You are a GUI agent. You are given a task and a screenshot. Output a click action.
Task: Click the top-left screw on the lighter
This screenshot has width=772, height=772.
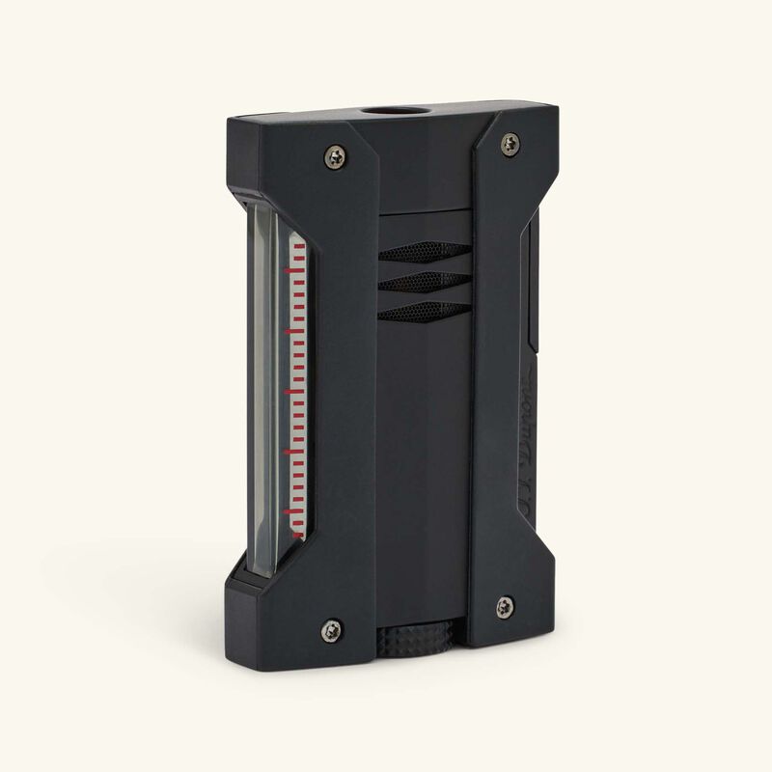coord(335,154)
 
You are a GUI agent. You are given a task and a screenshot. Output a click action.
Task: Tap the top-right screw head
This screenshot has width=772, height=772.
coord(510,144)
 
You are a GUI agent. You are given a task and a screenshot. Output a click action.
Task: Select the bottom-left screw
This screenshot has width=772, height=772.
coord(330,629)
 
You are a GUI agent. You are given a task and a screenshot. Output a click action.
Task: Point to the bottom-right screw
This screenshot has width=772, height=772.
coord(505,607)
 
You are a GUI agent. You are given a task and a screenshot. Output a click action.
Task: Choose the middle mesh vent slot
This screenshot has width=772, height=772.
coord(418,280)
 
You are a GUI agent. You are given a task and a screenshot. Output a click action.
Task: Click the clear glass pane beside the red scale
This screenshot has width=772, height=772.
coord(266,386)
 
